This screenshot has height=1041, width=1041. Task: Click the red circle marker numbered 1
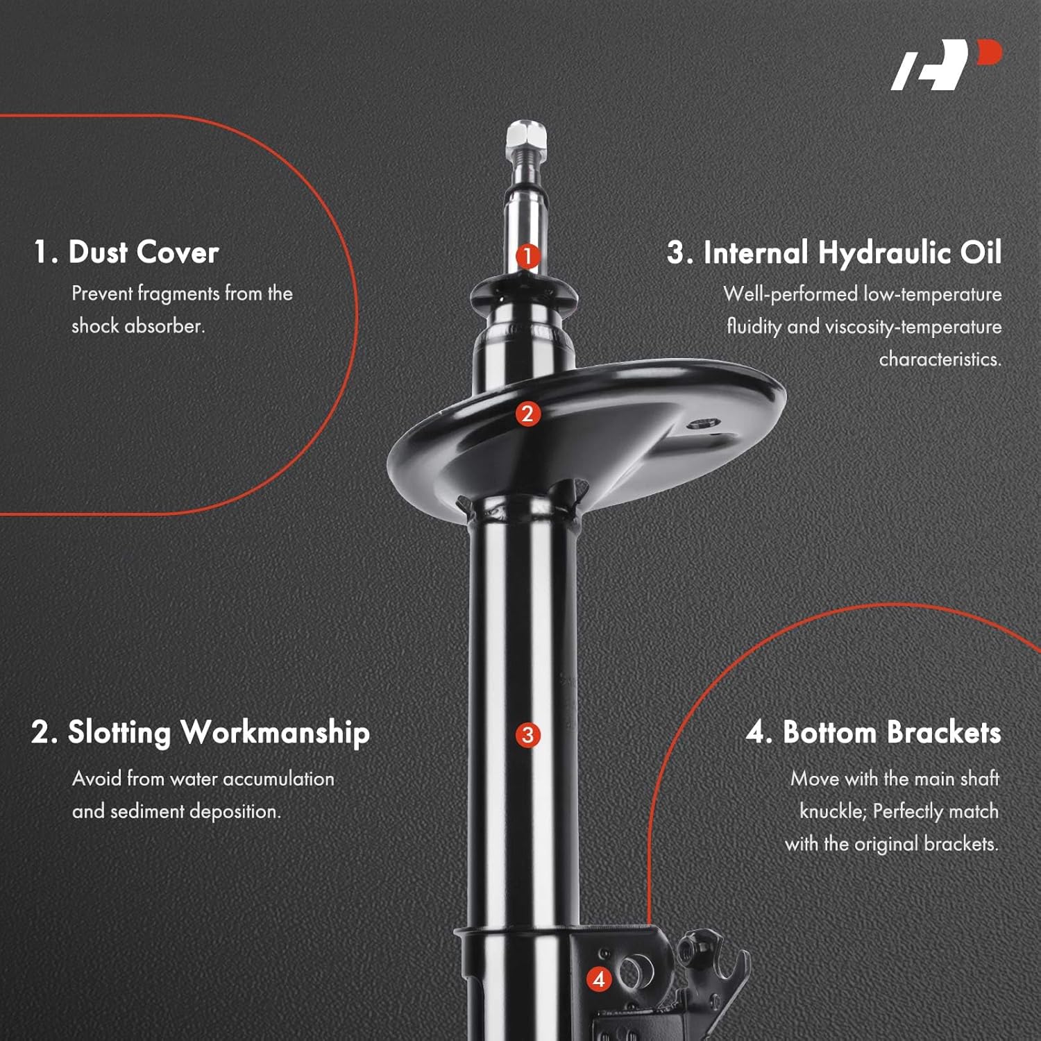pyautogui.click(x=527, y=256)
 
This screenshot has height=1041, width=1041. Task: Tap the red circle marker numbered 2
pyautogui.click(x=527, y=414)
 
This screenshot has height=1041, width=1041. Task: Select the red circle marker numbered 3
pyautogui.click(x=527, y=735)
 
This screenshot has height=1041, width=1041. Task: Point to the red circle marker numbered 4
pyautogui.click(x=599, y=979)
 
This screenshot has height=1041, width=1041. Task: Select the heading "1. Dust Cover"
pyautogui.click(x=126, y=252)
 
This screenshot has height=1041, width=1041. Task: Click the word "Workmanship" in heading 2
pyautogui.click(x=275, y=733)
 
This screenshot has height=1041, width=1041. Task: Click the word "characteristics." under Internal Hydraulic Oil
pyautogui.click(x=940, y=359)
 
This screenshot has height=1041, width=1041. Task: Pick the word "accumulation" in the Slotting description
pyautogui.click(x=278, y=779)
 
